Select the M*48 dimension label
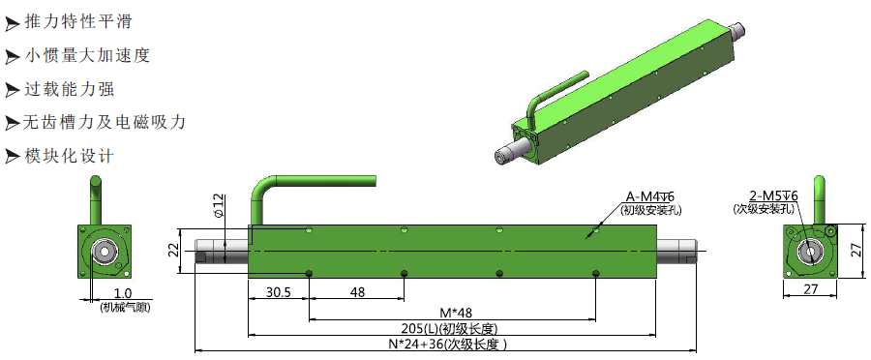(452, 314)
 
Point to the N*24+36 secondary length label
(447, 345)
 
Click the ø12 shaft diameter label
(218, 205)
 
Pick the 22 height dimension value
(173, 251)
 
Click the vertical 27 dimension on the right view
(856, 251)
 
